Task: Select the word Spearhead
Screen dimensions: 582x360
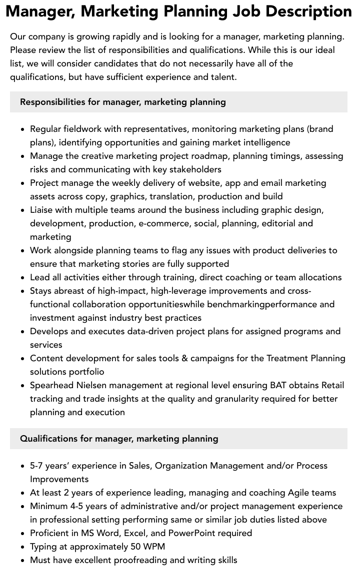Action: pos(51,385)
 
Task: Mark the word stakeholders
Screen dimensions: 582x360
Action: pos(190,169)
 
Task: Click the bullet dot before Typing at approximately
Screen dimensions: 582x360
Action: pos(23,547)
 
